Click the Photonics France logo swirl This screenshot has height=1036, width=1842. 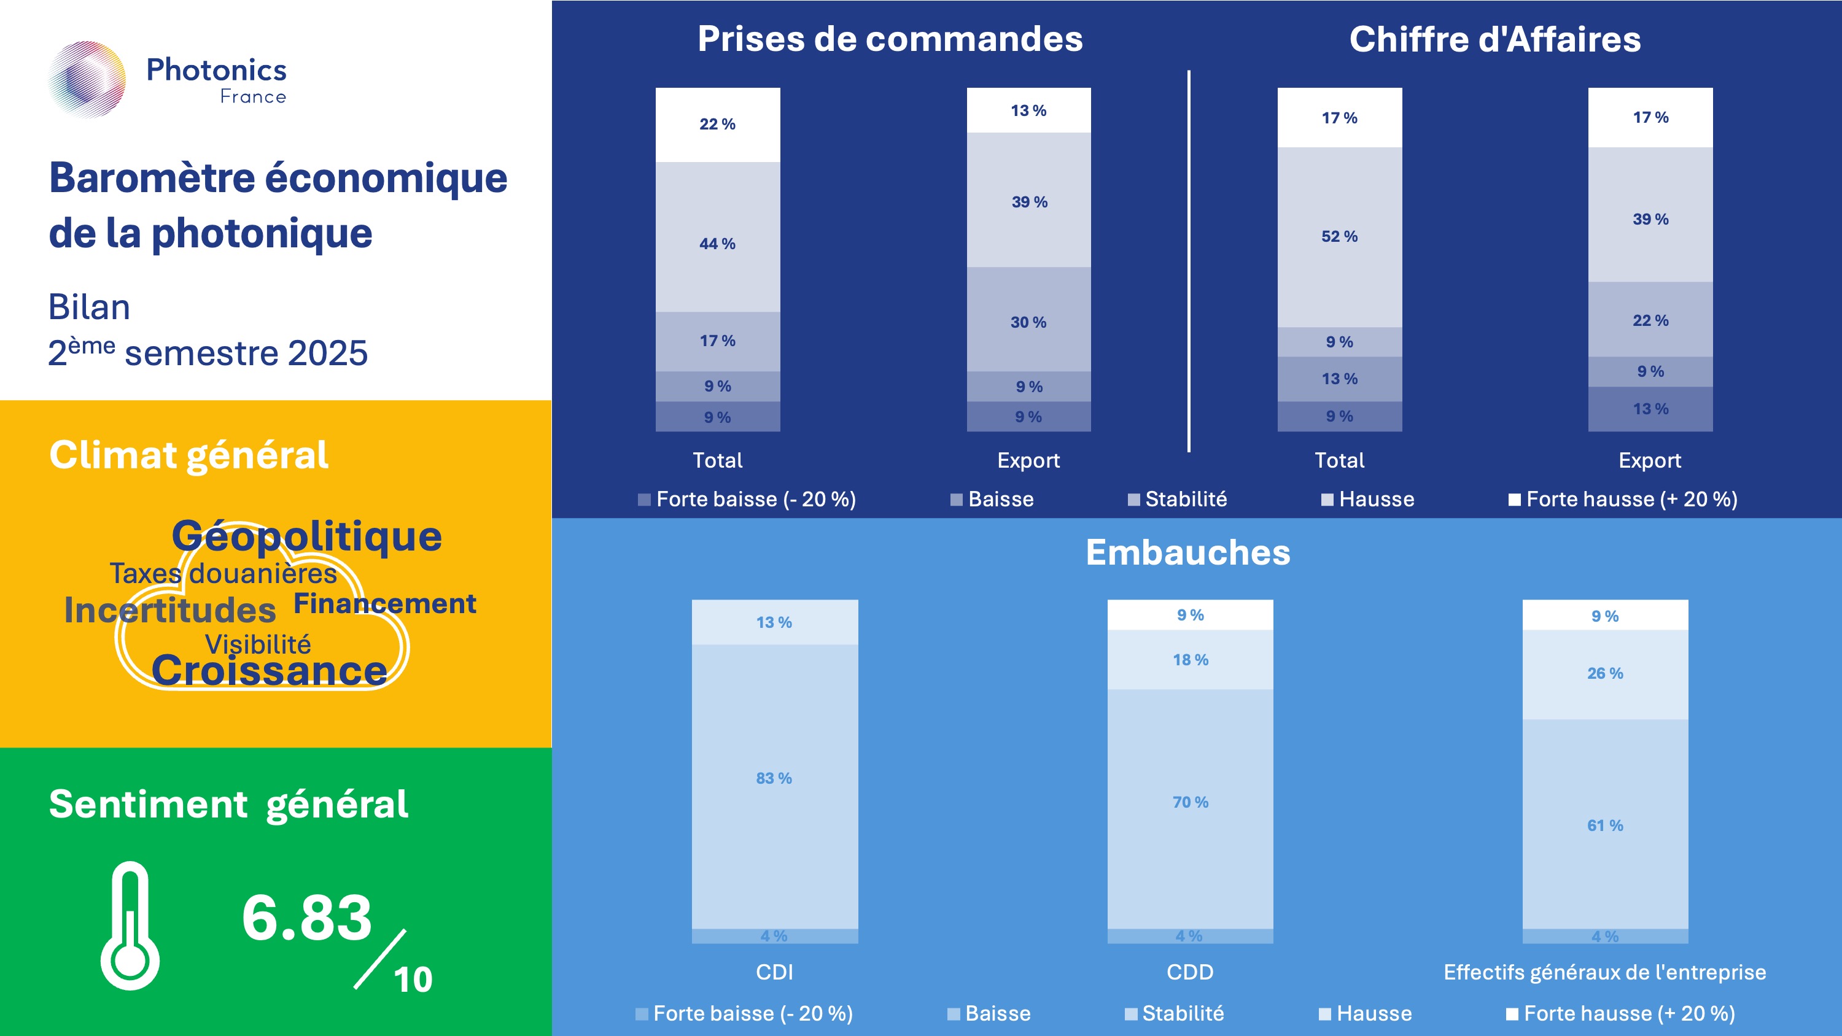tap(87, 79)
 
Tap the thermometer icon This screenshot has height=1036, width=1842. tap(130, 926)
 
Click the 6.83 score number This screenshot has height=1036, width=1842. tap(307, 918)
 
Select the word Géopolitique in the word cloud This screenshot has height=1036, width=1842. tap(307, 536)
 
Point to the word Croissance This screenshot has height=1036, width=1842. tap(269, 671)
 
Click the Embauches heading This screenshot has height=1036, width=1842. tap(1187, 552)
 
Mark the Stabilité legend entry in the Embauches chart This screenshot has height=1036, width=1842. tap(1174, 1013)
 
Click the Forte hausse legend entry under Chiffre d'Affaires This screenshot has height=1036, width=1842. tap(1623, 499)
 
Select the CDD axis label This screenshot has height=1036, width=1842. tap(1190, 972)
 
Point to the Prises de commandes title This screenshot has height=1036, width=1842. tap(890, 39)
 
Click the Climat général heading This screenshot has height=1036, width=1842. tap(188, 455)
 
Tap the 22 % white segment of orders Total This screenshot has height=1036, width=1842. tap(717, 125)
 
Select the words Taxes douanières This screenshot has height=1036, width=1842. tap(223, 573)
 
